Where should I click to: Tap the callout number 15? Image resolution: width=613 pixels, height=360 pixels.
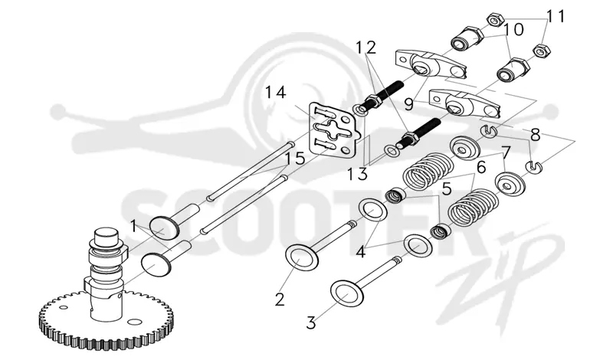[x=295, y=159]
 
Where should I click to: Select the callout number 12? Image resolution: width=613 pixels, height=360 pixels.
[x=366, y=47]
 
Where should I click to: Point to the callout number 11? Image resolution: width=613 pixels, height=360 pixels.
[x=555, y=16]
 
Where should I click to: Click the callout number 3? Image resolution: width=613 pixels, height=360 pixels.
[x=311, y=323]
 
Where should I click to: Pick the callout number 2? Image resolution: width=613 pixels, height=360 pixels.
[x=280, y=299]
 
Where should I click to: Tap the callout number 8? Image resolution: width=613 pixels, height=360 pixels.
[x=535, y=136]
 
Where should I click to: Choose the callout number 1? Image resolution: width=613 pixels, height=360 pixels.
[x=133, y=226]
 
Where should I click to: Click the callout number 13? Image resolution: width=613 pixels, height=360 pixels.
[x=358, y=174]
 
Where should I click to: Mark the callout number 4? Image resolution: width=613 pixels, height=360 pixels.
[x=360, y=252]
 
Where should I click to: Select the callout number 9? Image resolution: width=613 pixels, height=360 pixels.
[x=408, y=104]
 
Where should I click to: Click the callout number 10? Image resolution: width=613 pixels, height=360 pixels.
[x=513, y=29]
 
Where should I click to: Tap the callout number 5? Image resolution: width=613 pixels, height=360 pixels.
[x=447, y=188]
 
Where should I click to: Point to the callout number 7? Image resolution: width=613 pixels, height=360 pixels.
[x=506, y=152]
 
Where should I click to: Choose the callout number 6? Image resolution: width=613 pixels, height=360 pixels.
[x=481, y=167]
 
